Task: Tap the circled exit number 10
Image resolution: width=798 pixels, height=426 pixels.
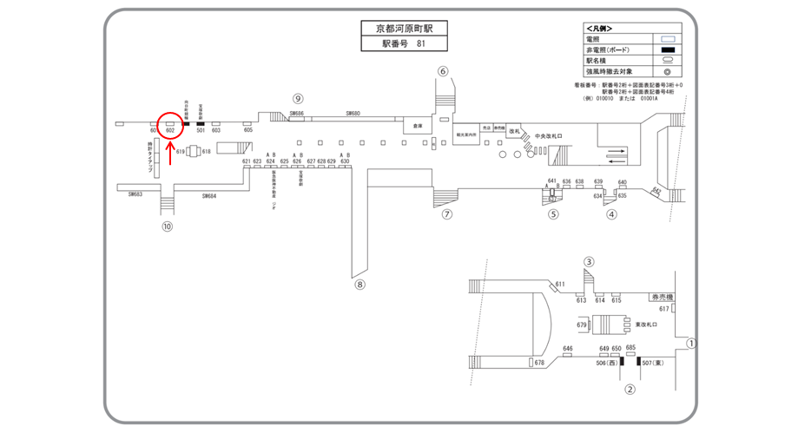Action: [x=168, y=227]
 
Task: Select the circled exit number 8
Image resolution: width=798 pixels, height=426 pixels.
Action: [x=360, y=283]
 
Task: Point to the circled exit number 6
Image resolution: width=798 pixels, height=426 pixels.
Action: [x=443, y=71]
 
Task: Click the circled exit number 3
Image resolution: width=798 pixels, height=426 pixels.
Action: [x=590, y=261]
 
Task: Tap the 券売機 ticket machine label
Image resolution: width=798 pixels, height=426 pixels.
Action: [x=663, y=297]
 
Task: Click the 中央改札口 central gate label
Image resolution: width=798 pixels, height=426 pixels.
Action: [x=551, y=136]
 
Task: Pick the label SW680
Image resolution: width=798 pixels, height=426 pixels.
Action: [x=353, y=114]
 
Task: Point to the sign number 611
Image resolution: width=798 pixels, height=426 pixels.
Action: [x=560, y=284]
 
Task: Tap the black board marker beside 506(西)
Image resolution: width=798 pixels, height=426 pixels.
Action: [x=620, y=360]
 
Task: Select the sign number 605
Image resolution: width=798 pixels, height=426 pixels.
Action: [x=248, y=130]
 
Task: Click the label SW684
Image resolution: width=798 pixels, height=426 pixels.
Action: [x=209, y=196]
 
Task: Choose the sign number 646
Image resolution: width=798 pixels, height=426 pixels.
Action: [x=568, y=348]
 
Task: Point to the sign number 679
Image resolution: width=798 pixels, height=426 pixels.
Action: [x=582, y=324]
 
